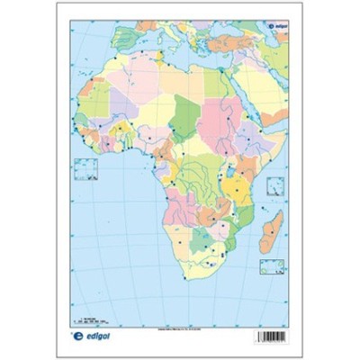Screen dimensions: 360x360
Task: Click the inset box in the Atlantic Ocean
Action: pyautogui.click(x=87, y=168)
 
